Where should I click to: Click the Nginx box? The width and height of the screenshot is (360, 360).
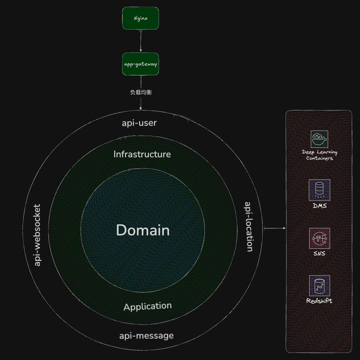(141, 18)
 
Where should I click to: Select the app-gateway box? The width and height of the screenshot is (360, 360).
(141, 64)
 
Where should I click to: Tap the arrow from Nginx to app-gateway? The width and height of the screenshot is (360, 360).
(141, 41)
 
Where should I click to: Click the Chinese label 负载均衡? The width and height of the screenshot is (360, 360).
(141, 92)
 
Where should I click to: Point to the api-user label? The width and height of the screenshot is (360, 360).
(139, 123)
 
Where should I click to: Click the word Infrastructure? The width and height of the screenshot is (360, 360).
(142, 154)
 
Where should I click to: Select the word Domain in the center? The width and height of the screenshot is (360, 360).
(143, 230)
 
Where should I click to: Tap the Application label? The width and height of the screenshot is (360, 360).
(147, 306)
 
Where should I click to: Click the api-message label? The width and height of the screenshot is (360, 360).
(146, 336)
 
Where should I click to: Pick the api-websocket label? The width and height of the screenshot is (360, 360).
(37, 235)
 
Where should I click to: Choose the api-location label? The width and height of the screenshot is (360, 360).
(249, 227)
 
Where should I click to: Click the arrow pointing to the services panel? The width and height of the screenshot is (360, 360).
(275, 228)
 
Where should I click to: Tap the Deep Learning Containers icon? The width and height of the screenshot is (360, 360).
(319, 139)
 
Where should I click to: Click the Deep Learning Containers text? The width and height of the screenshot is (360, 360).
(319, 155)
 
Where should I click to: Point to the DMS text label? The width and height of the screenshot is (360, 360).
(319, 206)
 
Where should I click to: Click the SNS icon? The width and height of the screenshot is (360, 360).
(319, 238)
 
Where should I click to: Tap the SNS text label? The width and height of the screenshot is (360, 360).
(319, 254)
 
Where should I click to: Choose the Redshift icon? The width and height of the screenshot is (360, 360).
(319, 285)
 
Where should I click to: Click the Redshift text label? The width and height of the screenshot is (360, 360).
(319, 301)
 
